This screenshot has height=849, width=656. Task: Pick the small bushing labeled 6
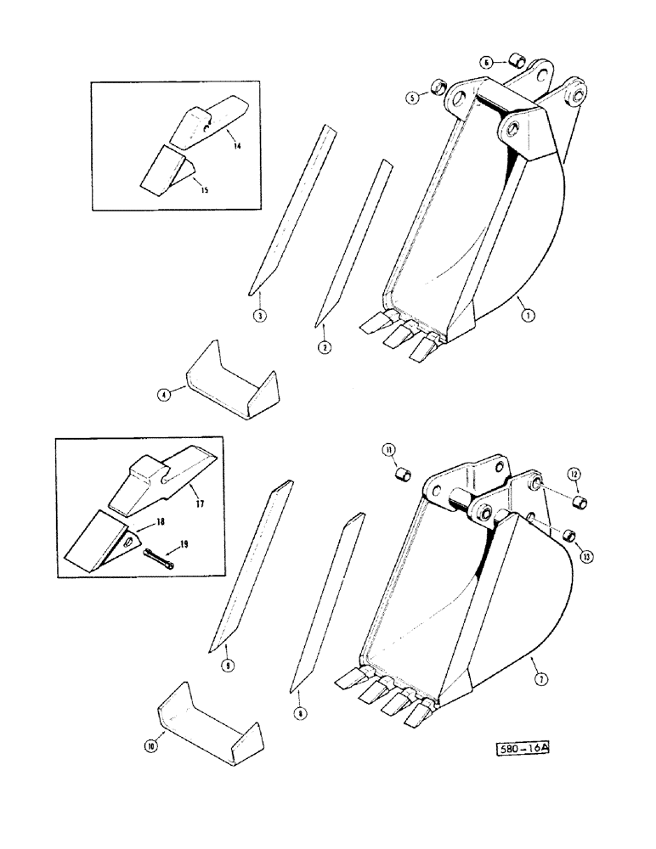(515, 60)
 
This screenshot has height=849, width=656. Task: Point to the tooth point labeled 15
(164, 168)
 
